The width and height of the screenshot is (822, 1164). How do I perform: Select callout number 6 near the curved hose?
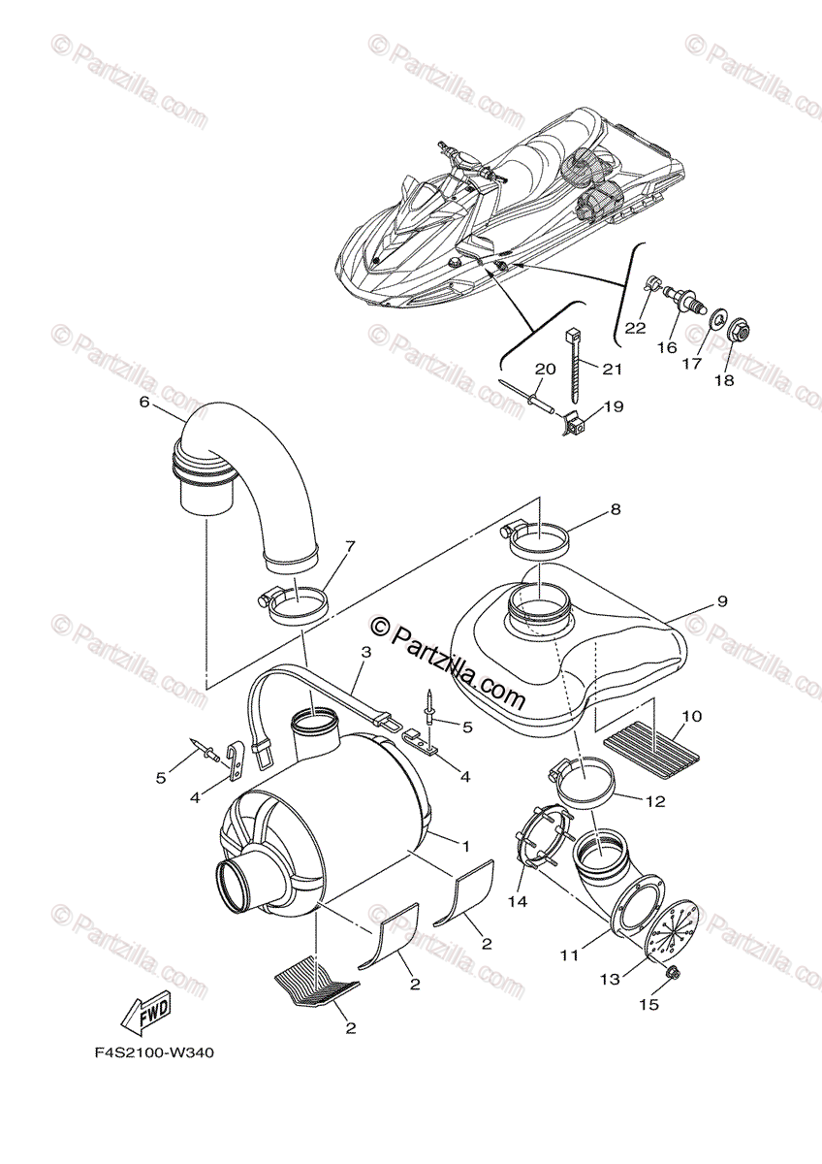coord(144,402)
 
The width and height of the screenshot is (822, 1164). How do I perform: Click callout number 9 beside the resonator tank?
coord(722,601)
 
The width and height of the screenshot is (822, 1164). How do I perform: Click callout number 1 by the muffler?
coord(465,847)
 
